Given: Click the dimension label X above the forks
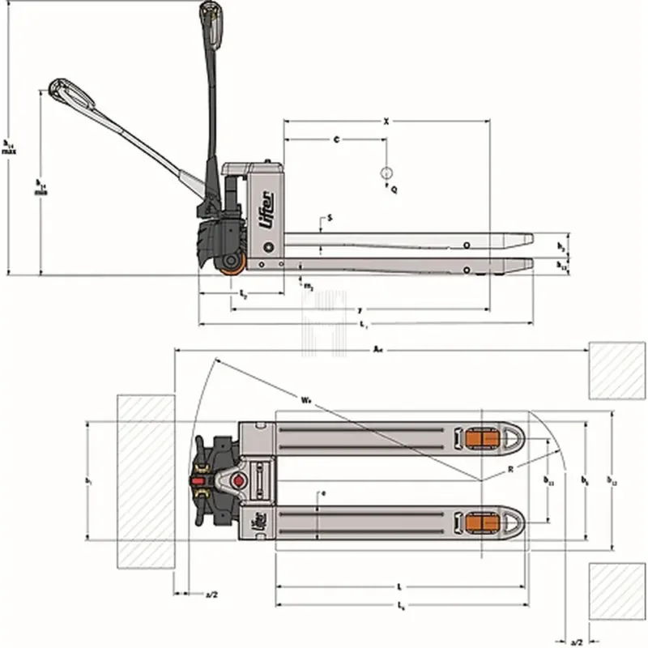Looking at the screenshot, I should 386,122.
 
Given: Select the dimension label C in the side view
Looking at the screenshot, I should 335,140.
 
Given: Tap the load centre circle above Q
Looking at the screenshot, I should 386,173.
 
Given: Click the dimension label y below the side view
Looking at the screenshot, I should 358,310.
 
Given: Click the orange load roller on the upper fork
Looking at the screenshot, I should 481,438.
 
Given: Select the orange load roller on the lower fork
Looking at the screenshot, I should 481,524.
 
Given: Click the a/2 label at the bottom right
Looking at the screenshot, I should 577,641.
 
